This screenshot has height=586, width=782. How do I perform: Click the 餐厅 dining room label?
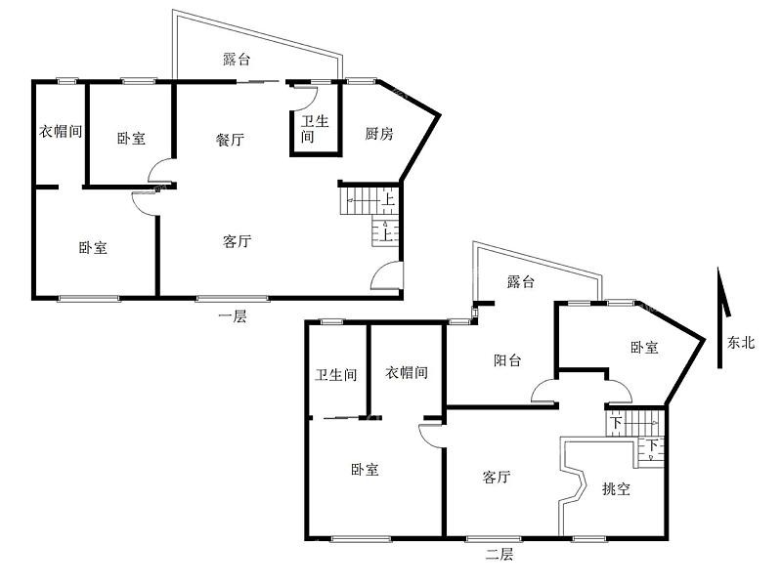coord(230,140)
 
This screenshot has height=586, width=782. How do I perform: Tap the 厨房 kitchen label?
coord(379,134)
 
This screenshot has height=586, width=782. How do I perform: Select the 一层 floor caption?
coord(233,315)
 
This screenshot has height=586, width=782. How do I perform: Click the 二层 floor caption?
coord(500,554)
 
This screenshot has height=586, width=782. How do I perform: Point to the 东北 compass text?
coord(741,343)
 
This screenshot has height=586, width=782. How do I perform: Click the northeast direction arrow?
coord(722,317)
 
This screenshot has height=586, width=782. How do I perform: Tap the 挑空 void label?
coord(616,489)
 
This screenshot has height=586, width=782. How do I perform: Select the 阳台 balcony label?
coord(507,359)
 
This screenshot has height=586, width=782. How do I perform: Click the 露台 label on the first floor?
coord(237,60)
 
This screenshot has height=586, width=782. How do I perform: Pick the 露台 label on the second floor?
coord(521,282)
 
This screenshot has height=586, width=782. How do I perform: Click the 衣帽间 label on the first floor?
coord(61,131)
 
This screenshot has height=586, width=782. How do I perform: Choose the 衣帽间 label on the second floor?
coord(407,372)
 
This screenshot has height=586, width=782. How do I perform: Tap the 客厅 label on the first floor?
coord(237,241)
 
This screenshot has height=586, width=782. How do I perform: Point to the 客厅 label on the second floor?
coord(497,477)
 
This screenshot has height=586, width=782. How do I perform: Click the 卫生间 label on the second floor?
coord(336,374)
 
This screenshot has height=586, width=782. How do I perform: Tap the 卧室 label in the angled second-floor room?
coord(644,348)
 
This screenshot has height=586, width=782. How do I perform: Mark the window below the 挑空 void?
coord(589,539)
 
